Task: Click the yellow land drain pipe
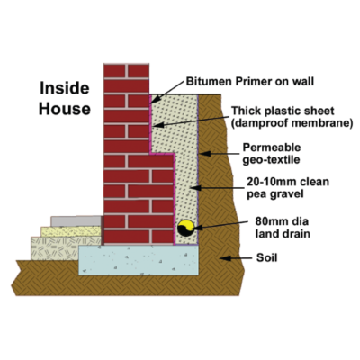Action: click(186, 228)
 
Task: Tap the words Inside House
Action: click(65, 98)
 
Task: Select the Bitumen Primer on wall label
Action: click(250, 81)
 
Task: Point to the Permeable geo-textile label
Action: click(271, 154)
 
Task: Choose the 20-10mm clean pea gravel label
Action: click(288, 188)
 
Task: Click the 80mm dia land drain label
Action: click(282, 228)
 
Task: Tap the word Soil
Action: click(266, 257)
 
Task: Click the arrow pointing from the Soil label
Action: click(236, 258)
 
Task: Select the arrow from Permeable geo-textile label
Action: click(220, 154)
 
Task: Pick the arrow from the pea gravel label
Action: click(217, 188)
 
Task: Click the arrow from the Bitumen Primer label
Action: click(166, 93)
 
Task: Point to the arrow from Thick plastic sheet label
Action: click(191, 121)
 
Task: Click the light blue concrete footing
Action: click(139, 260)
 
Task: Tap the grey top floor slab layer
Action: click(76, 221)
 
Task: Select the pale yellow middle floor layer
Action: click(71, 231)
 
